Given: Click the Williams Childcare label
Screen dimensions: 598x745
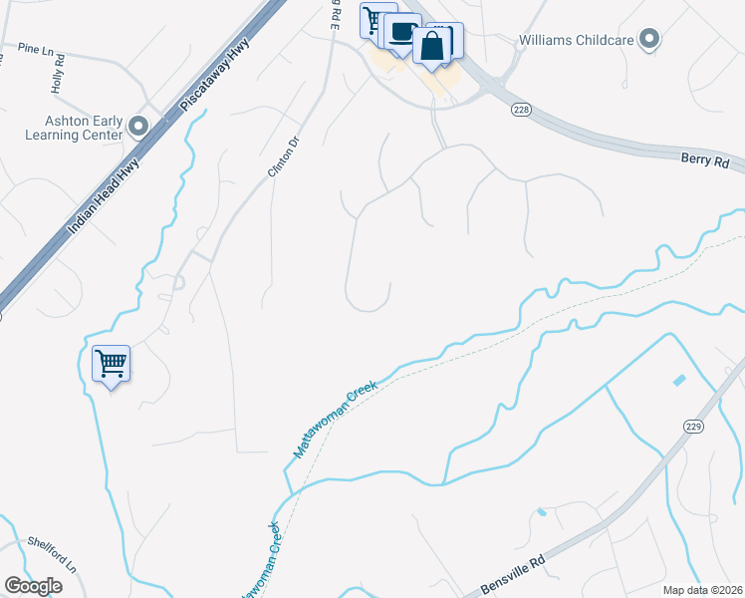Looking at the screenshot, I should coord(576,41).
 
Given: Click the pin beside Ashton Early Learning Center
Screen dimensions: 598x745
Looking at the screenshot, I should coord(138,127).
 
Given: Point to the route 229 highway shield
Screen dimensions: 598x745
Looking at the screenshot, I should coord(694,426).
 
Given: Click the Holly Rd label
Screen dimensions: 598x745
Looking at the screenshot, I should coord(59,74).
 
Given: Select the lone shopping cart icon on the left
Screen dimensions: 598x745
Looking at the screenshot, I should coord(111,363).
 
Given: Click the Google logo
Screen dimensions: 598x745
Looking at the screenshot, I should coord(34,585).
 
